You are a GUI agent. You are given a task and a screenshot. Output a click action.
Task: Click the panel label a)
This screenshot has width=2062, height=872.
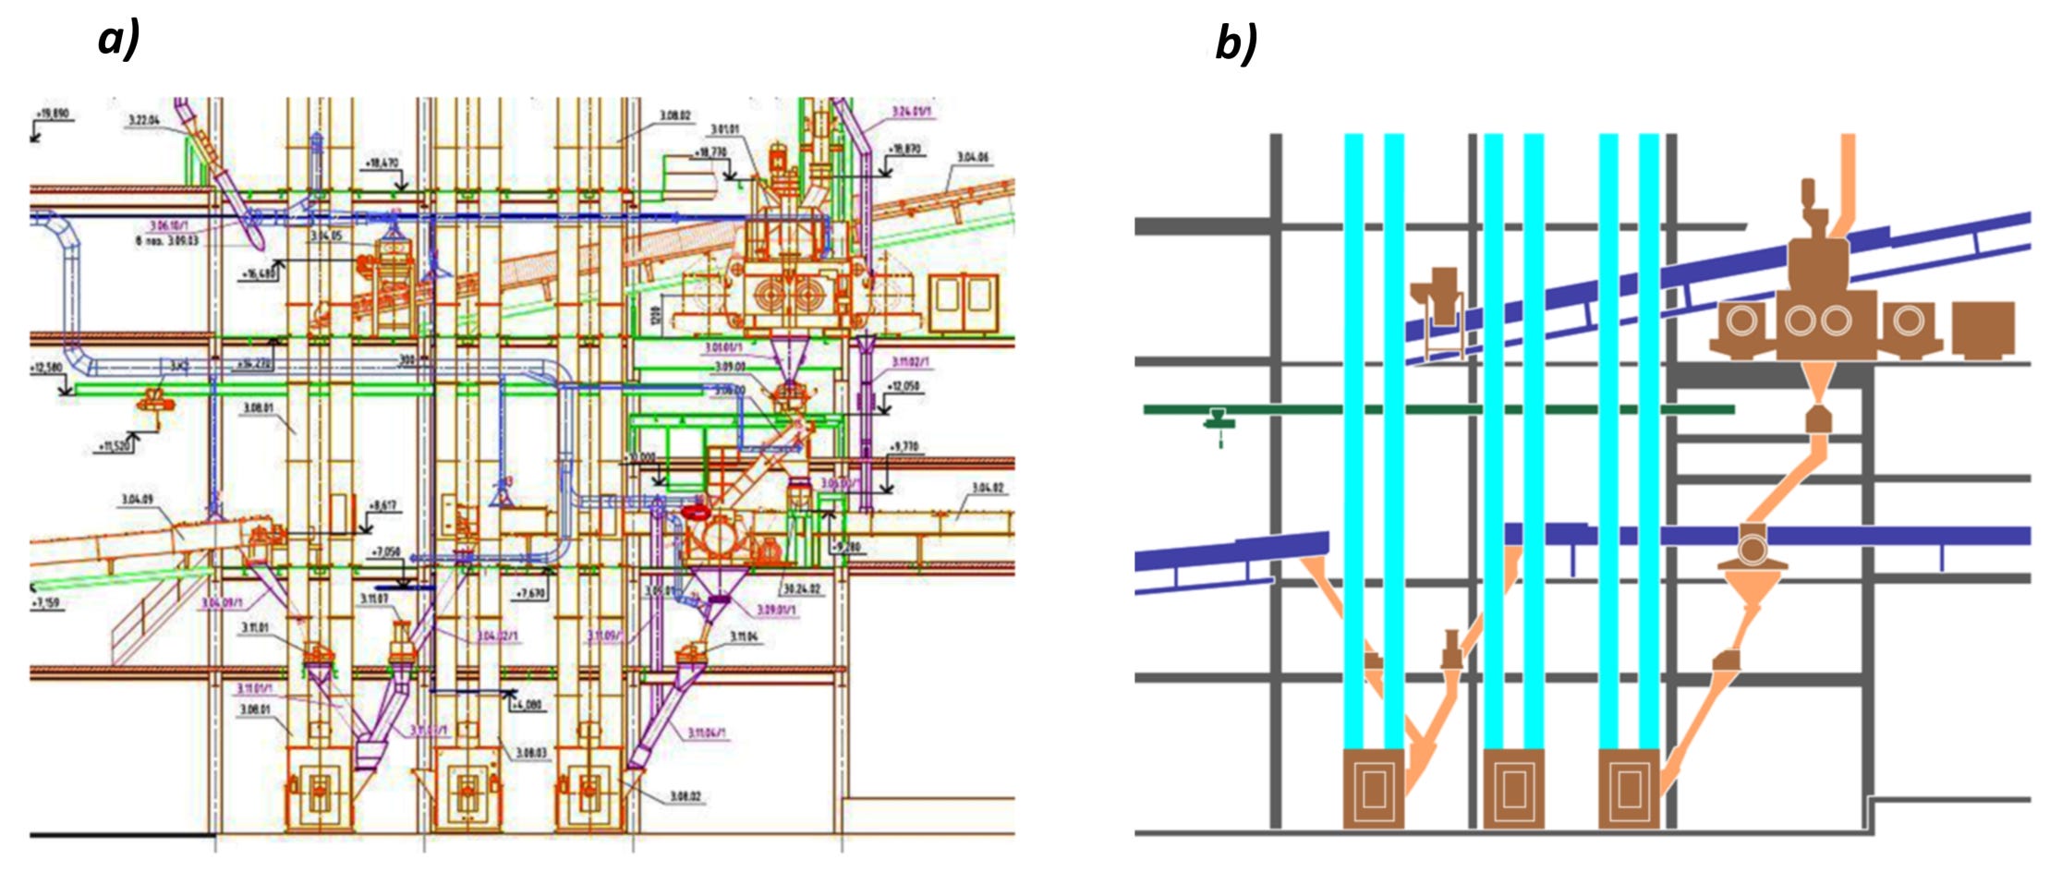pos(118,40)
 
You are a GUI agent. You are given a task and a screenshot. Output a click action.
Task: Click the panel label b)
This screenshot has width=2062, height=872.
pos(1235,42)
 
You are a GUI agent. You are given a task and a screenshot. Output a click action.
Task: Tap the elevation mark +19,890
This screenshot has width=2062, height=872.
pos(52,115)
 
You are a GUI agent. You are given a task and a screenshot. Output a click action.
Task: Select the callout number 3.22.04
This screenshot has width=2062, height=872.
pos(143,120)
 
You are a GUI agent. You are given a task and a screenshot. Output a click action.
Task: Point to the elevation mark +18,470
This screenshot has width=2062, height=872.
pos(382,163)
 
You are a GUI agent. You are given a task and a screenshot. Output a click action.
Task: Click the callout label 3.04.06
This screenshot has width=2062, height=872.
pos(973,157)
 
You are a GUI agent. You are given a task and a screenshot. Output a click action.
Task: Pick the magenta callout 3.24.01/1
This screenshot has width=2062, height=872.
pos(911,112)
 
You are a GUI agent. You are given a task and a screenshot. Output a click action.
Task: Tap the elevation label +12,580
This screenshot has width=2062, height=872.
pos(46,368)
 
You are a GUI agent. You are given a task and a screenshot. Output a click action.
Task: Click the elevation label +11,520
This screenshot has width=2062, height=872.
pos(115,447)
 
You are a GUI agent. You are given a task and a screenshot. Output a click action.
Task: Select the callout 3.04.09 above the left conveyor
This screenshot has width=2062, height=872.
pos(138,500)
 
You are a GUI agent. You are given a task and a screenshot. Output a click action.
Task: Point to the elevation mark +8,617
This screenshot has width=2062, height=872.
pos(382,506)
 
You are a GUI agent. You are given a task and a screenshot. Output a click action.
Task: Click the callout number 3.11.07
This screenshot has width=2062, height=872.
pos(374,599)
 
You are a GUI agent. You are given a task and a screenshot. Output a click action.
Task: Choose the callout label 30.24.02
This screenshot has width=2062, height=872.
pos(801,588)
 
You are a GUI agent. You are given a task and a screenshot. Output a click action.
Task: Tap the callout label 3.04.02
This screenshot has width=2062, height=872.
pos(988,488)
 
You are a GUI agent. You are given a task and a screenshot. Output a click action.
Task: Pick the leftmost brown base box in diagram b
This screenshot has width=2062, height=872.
pos(1373,788)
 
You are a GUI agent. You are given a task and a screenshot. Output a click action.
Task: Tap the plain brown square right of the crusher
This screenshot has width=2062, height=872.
pos(1983,330)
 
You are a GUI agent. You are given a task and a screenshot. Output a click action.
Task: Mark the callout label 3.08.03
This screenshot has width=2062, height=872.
pos(531,753)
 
